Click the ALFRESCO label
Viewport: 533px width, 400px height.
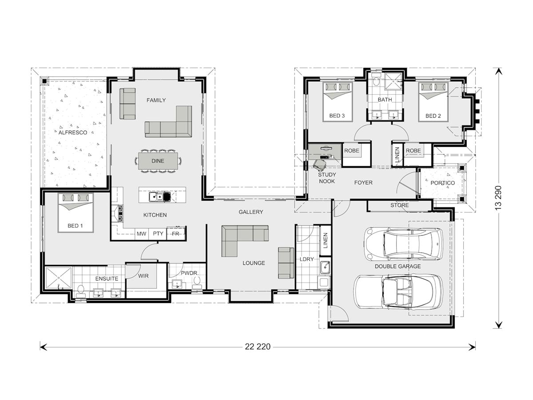tap(73, 132)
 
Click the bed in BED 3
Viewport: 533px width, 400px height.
tap(337, 102)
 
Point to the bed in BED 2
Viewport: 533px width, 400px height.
tap(433, 102)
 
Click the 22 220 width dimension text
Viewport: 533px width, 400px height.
tap(257, 346)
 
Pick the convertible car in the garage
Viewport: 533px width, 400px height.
tap(398, 291)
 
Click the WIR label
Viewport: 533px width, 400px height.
tap(143, 276)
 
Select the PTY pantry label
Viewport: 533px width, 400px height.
tap(158, 234)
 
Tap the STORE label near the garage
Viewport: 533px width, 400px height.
tap(399, 206)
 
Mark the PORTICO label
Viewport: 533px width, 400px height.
tap(442, 183)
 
